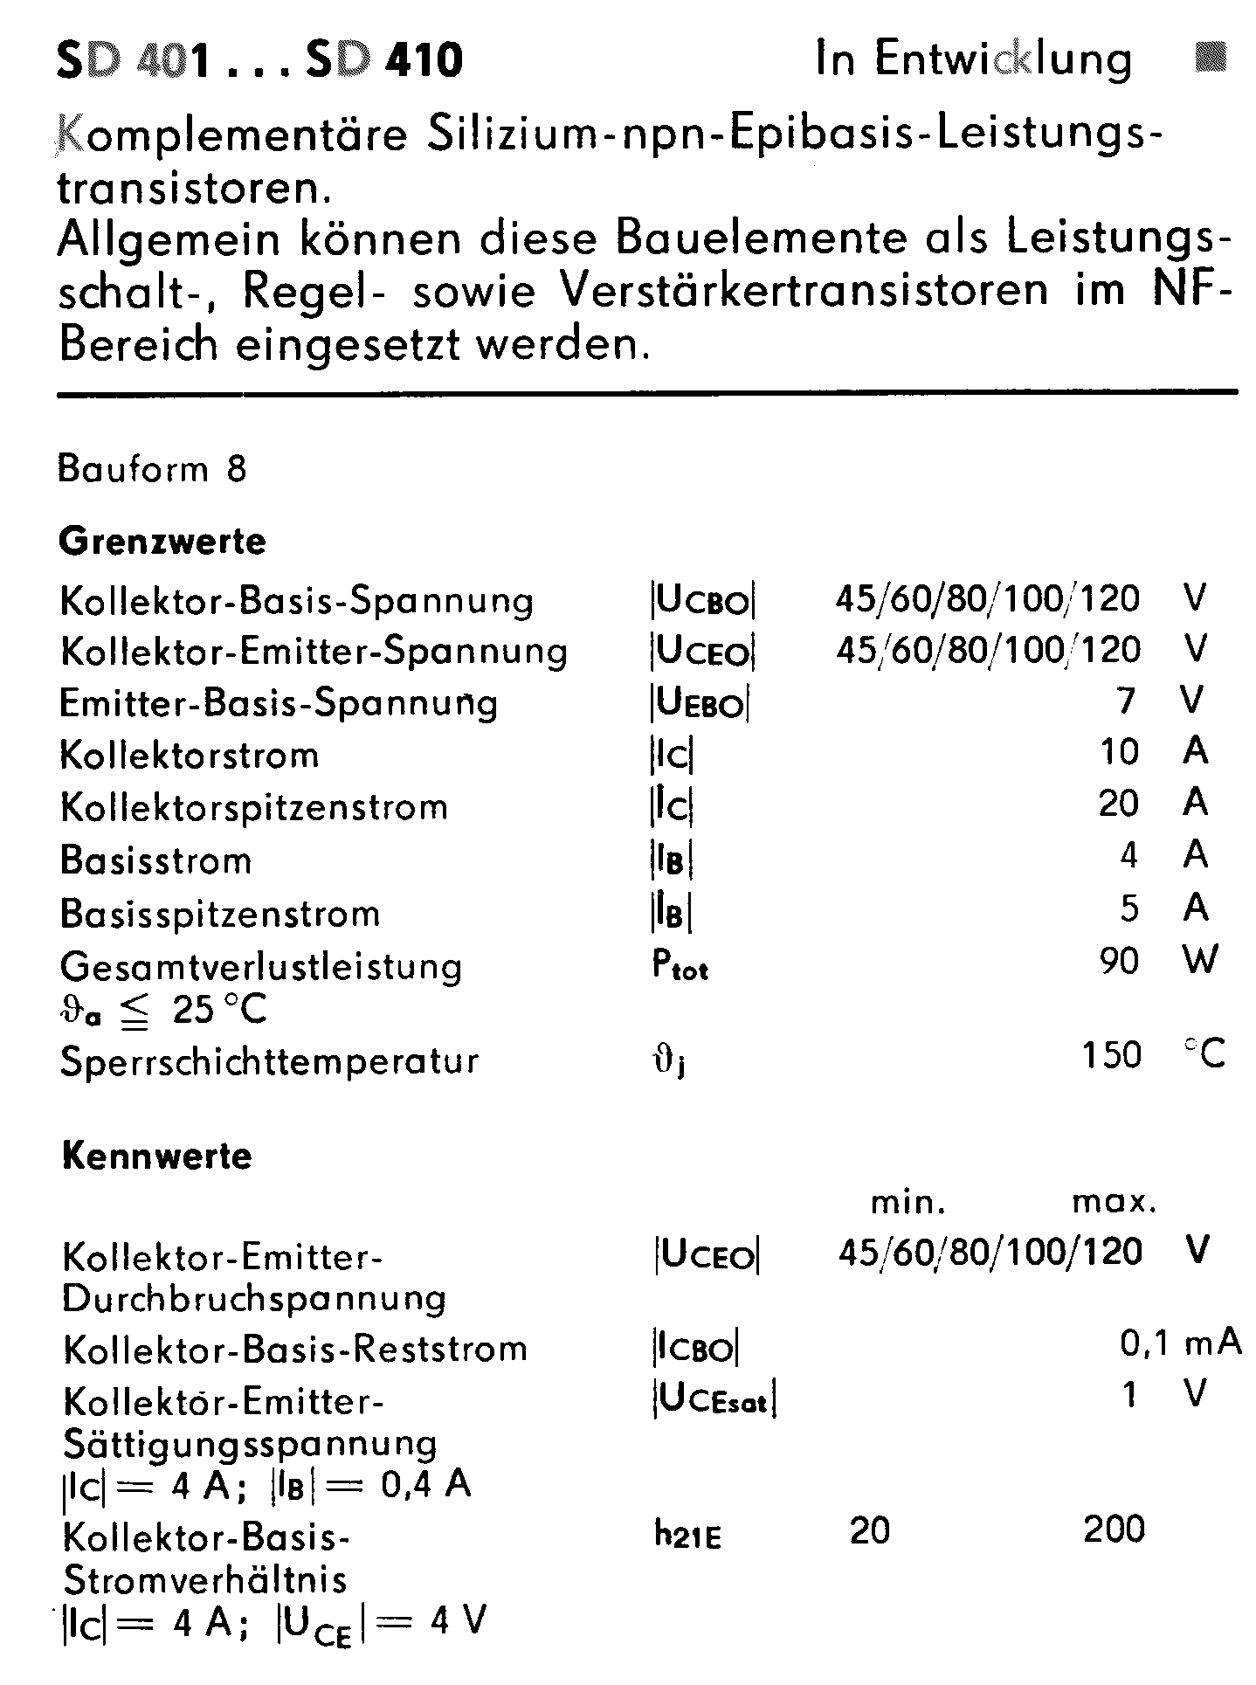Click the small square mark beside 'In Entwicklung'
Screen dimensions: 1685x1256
(1210, 58)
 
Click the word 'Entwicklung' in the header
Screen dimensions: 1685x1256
(1004, 60)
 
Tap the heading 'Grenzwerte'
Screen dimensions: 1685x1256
(162, 542)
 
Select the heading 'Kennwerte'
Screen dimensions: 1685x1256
(157, 1156)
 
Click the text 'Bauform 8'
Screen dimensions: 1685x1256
(153, 470)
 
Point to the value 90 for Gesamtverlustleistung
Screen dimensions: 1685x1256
(1119, 961)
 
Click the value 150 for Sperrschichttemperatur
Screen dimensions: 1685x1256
(1111, 1056)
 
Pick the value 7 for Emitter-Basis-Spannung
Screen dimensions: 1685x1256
(1127, 701)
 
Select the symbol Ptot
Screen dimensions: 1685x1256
(680, 965)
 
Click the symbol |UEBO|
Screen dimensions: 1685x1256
(700, 703)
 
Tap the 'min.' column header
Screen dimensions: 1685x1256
(908, 1204)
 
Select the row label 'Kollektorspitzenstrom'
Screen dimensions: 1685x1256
(254, 807)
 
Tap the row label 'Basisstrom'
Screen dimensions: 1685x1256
(156, 861)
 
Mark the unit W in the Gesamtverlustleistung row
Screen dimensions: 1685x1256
(1200, 961)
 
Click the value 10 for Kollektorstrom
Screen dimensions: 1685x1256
(1120, 752)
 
